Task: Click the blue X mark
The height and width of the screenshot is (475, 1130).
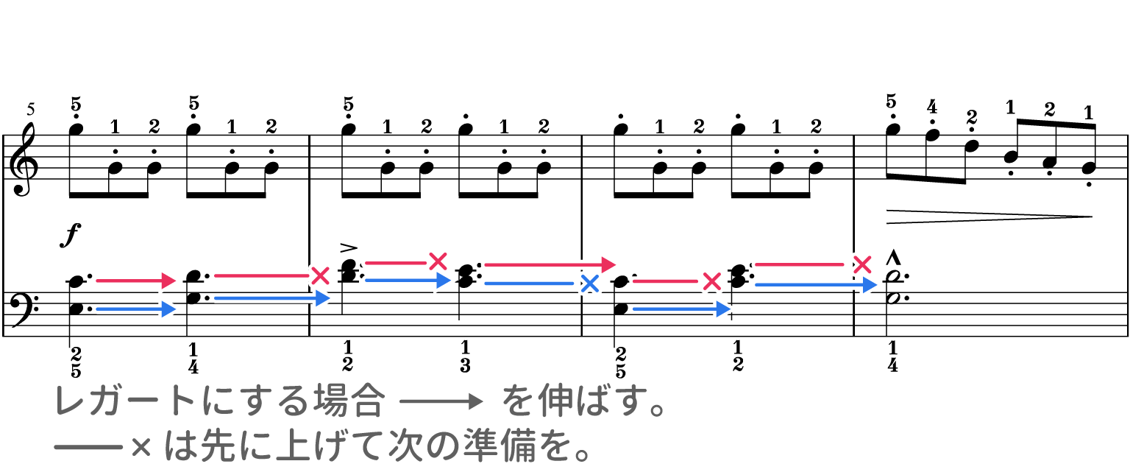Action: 589,284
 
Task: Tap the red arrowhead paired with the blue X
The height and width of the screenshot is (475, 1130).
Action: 609,264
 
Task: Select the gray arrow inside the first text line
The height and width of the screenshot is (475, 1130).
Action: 442,401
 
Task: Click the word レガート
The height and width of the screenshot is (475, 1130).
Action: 126,401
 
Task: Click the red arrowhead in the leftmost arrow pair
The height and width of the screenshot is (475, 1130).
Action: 171,281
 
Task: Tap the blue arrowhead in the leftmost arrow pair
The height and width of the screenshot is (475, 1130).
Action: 171,309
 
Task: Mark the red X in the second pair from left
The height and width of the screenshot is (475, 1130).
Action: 320,275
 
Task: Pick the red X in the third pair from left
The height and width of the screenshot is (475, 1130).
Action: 438,261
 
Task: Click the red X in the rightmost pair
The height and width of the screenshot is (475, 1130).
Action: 861,264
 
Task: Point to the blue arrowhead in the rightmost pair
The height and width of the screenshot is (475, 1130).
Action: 872,284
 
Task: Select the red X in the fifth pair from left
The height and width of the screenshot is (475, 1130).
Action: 711,281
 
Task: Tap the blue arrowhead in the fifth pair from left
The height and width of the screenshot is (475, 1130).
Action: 725,309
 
